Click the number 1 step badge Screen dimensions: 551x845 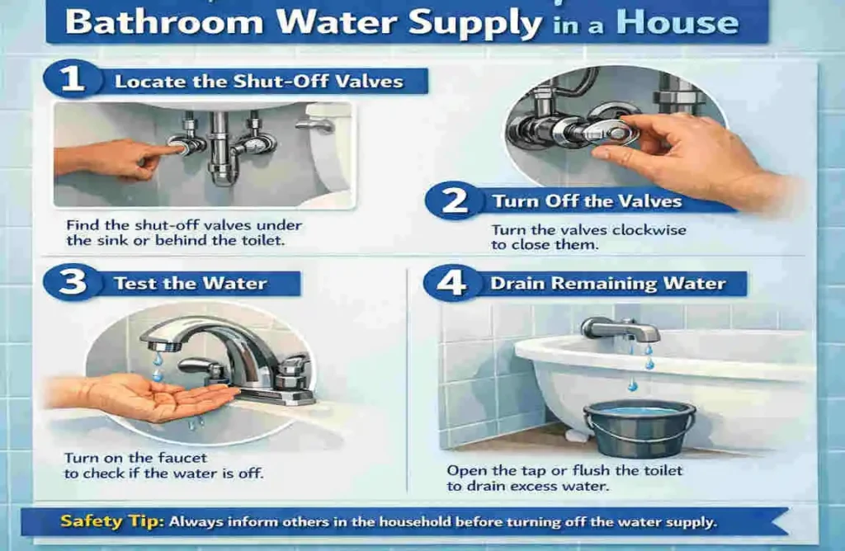point(73,80)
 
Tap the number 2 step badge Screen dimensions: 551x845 point(453,201)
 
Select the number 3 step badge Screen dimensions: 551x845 point(73,282)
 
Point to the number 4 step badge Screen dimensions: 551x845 point(450,283)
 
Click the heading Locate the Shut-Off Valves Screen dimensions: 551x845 point(258,81)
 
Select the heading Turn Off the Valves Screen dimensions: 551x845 point(587,201)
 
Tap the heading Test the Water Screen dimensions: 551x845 point(190,283)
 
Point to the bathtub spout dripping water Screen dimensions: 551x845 point(620,331)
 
